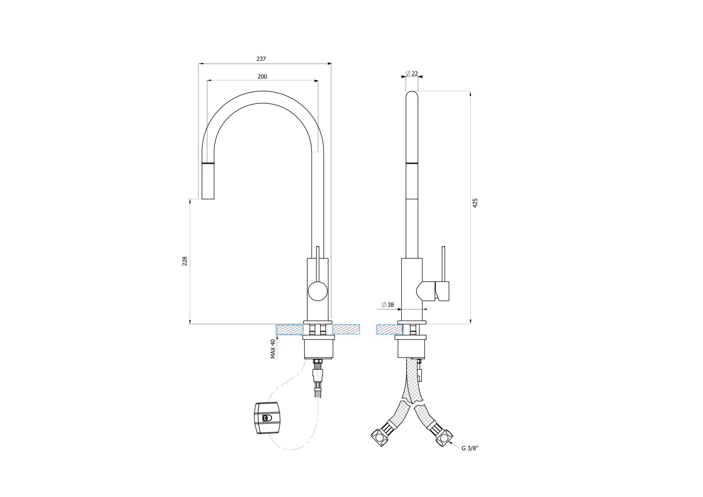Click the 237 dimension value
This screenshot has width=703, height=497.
(x=261, y=59)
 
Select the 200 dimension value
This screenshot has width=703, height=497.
(x=262, y=77)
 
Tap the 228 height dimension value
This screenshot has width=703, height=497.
(x=185, y=261)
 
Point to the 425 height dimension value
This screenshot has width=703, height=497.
(x=475, y=203)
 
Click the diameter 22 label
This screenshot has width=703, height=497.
(x=412, y=74)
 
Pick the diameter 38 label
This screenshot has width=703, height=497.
(x=388, y=305)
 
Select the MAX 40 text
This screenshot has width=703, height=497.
(x=273, y=349)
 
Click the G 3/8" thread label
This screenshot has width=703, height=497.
(x=470, y=448)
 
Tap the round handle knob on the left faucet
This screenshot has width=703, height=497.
(x=317, y=291)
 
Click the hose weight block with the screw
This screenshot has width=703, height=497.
(x=267, y=418)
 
